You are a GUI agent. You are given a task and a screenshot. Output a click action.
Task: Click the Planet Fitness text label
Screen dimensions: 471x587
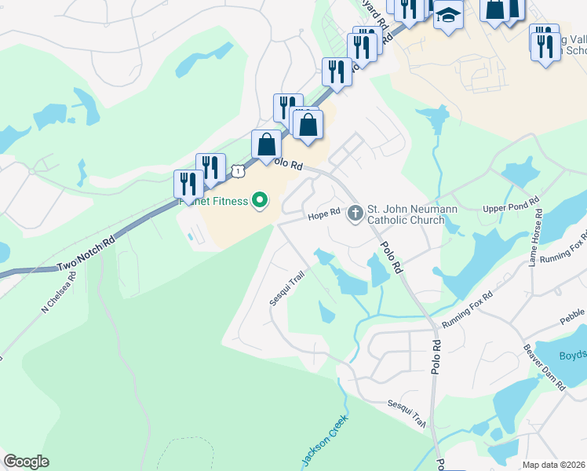click(213, 201)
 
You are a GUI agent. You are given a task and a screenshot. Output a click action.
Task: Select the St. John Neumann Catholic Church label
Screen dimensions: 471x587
click(406, 214)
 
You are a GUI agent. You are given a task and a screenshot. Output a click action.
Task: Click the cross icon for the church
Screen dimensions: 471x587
click(355, 213)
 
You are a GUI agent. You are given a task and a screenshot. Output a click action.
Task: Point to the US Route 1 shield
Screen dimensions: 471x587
click(238, 170)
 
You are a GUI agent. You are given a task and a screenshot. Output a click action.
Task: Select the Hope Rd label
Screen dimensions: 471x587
click(323, 213)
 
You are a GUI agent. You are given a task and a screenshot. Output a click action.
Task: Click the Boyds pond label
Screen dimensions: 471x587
click(572, 355)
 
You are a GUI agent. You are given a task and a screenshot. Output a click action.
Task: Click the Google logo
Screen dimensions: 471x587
click(26, 462)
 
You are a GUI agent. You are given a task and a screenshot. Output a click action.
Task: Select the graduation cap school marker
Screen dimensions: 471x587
click(448, 16)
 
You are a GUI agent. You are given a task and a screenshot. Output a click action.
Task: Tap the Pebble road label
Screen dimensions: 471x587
click(572, 315)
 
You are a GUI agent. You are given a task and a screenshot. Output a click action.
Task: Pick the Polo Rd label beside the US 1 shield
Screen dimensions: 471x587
click(286, 164)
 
